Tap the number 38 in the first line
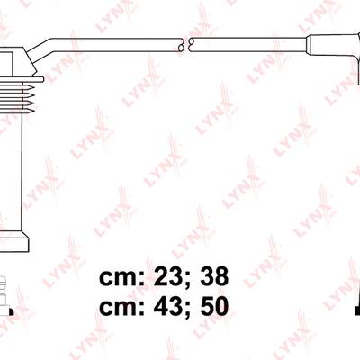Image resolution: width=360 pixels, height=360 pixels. click(215, 276)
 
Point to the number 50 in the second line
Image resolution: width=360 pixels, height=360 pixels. click(215, 306)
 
